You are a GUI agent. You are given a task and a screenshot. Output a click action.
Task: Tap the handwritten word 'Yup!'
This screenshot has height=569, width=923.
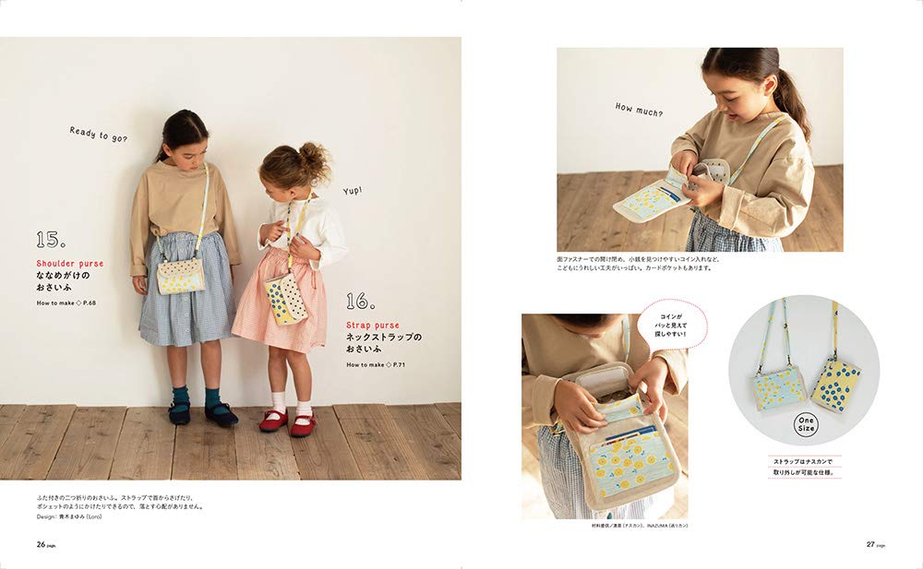coord(353,190)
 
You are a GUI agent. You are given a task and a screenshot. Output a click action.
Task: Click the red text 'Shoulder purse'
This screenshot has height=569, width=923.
coord(70,264)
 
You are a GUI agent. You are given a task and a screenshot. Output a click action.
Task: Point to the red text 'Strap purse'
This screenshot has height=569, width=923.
coord(373,325)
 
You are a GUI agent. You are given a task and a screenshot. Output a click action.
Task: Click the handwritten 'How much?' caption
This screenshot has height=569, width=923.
coord(639,110)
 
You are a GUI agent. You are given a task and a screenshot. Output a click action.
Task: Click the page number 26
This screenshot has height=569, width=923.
coord(42,544)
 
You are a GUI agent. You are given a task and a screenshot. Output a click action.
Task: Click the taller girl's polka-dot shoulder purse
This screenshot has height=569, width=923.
coord(181,275)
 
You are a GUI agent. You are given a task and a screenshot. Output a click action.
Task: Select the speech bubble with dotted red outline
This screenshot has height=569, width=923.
coord(671,323)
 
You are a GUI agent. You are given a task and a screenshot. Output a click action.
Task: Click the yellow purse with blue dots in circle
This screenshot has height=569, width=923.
coord(836,385)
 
